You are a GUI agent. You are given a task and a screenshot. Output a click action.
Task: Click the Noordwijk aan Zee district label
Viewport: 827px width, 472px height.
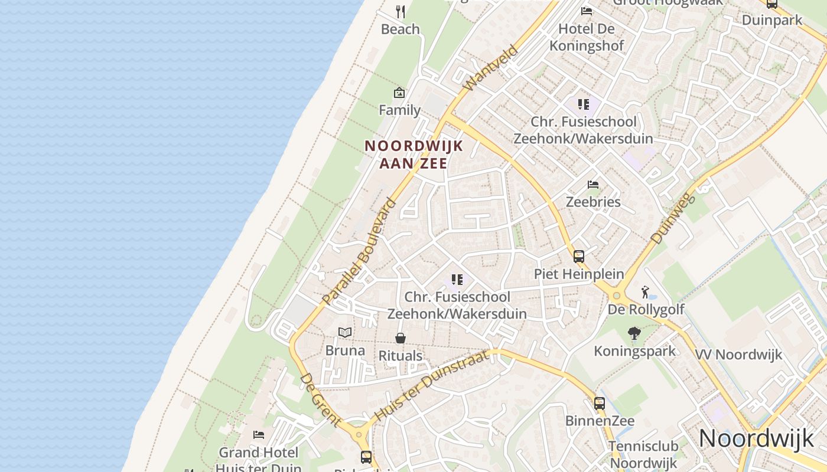(x=413, y=154)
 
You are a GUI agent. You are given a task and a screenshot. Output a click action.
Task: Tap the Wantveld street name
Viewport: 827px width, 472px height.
(x=490, y=68)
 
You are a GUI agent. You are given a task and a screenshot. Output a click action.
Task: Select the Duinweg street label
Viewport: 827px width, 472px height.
(x=673, y=217)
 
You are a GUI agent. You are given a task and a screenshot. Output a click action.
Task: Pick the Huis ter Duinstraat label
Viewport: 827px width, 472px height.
(x=432, y=385)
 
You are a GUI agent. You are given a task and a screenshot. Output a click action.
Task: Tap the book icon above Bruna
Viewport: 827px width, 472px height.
(x=345, y=333)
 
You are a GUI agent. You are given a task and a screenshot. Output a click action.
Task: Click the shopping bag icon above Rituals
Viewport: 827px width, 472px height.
(x=401, y=338)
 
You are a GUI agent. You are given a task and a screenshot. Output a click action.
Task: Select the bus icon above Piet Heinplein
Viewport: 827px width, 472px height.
(x=579, y=257)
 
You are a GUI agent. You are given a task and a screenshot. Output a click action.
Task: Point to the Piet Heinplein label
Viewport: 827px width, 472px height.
(x=579, y=274)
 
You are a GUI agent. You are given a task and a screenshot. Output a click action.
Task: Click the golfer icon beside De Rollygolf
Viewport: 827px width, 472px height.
(x=646, y=292)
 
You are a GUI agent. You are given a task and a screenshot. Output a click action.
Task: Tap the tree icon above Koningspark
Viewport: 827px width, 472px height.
(x=634, y=334)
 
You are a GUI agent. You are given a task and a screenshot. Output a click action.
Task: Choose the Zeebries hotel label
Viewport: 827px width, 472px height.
(x=593, y=202)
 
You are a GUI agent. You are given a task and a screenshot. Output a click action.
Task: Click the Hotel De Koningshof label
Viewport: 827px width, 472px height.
(x=587, y=37)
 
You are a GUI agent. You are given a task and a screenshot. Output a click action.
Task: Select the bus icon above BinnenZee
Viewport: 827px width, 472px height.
(x=600, y=404)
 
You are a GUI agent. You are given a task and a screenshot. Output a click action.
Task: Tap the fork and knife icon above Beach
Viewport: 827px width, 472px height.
(x=401, y=12)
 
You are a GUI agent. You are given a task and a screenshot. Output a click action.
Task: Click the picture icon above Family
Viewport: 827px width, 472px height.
(x=399, y=93)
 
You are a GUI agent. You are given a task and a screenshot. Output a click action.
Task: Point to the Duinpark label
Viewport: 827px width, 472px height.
(x=772, y=19)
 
